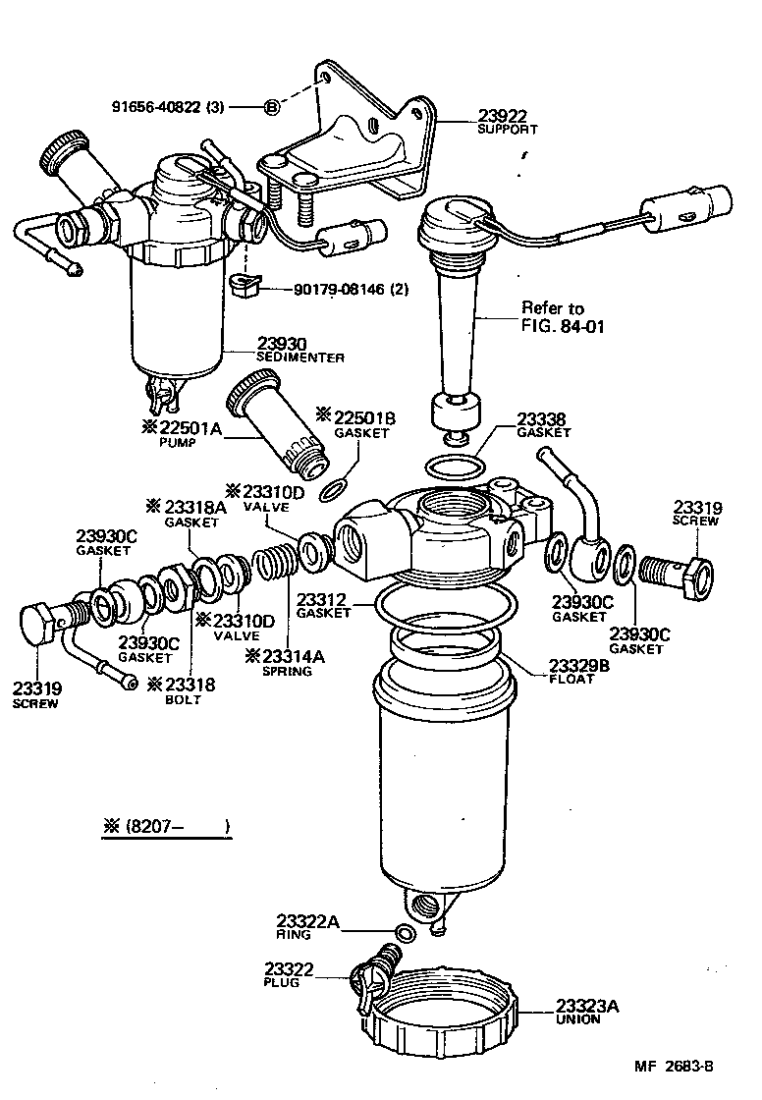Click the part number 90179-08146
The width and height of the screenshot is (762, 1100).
[337, 290]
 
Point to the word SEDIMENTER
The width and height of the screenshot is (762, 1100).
[300, 358]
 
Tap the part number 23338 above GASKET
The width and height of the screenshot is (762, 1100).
[543, 418]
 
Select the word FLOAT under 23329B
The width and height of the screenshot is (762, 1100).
[571, 679]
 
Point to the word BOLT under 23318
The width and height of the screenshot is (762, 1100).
[183, 699]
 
